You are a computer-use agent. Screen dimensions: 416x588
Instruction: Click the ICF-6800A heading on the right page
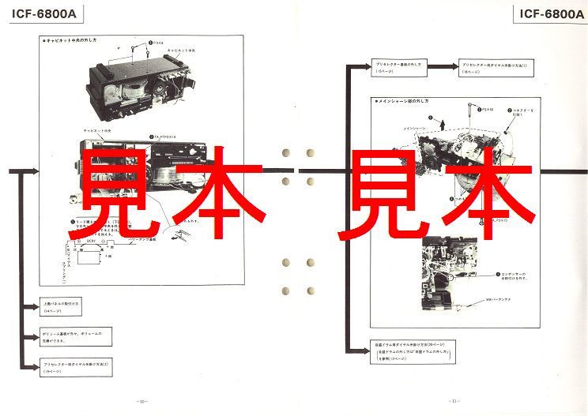tap(548, 14)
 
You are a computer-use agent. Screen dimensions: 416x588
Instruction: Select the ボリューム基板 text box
tap(74, 335)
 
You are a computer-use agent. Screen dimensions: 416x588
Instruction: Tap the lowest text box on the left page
tap(74, 365)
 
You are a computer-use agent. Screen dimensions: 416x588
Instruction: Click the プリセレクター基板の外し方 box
tap(398, 68)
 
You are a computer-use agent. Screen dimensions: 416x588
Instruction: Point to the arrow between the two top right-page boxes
tap(443, 68)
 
